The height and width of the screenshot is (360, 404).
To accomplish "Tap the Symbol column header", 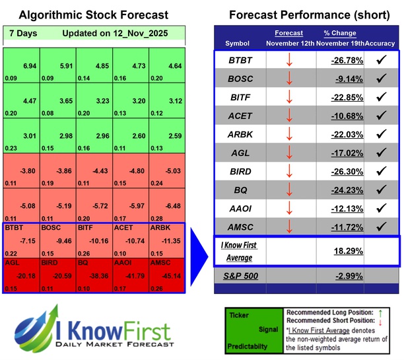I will coord(238,43).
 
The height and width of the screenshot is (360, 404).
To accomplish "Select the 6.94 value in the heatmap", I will coord(28,67).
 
